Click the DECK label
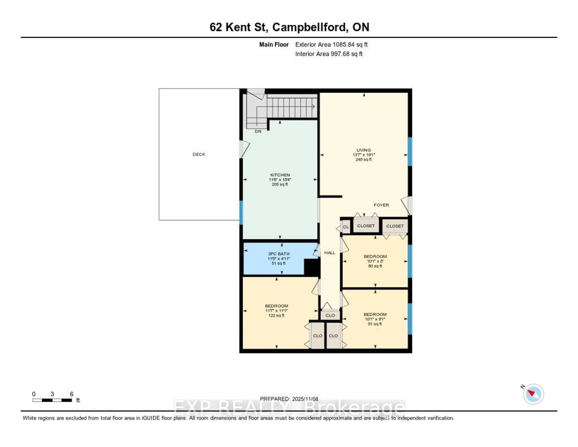tap(199, 154)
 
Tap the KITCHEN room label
tap(280, 175)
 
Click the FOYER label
tap(381, 205)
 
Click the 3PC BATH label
tap(278, 254)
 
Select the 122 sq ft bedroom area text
tap(276, 315)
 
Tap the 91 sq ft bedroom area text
tap(375, 324)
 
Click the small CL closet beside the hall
tap(346, 227)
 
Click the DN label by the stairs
tap(258, 131)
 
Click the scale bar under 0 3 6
tap(52, 400)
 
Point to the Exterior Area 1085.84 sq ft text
tap(331, 44)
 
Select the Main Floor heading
tap(274, 44)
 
